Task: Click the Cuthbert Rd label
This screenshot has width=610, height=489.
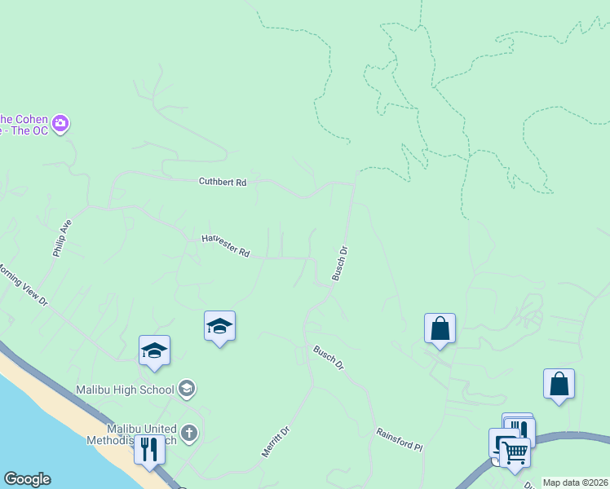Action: tap(222, 183)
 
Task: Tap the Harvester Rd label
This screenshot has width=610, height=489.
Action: tap(226, 246)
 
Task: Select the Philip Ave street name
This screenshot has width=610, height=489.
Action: tap(63, 238)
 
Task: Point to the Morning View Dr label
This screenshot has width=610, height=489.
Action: tap(22, 284)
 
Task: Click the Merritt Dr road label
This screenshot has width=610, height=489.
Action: tap(275, 443)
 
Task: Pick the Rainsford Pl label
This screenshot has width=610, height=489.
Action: tap(400, 440)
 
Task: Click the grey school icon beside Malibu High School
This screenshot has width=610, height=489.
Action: tap(187, 388)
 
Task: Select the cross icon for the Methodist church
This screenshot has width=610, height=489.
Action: tap(189, 432)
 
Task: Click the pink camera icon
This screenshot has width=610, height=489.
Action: tap(60, 125)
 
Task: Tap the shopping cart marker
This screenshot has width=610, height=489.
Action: tap(515, 452)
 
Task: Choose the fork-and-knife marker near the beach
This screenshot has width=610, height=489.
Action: tap(149, 449)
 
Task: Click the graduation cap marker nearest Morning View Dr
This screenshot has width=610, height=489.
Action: tap(154, 350)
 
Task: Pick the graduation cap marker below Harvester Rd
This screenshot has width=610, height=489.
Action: tap(219, 326)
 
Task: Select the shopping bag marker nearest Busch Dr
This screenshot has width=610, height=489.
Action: tap(440, 328)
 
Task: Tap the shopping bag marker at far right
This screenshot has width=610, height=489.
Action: tap(559, 384)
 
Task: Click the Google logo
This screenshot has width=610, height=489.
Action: tap(26, 479)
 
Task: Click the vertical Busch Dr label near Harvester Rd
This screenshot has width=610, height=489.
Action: tap(340, 264)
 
